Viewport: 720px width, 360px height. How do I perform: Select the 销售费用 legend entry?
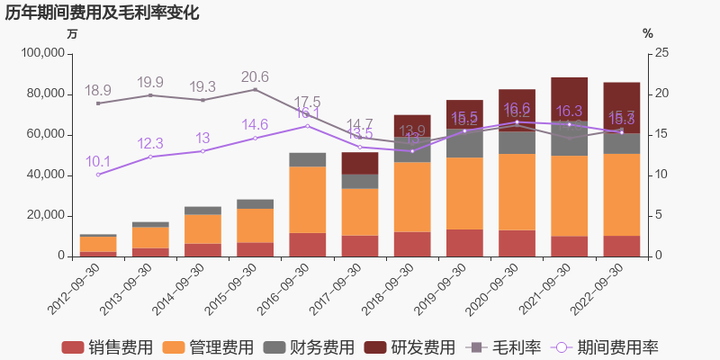click(107, 347)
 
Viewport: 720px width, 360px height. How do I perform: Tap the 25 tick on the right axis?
click(661, 53)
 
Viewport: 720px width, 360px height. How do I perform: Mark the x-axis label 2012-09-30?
click(74, 289)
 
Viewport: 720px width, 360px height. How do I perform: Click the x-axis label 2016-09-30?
click(283, 289)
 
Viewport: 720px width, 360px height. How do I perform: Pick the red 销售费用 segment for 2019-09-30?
click(464, 243)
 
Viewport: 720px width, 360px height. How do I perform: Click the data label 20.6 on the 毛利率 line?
click(255, 76)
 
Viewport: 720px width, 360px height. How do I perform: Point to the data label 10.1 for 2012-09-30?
click(98, 162)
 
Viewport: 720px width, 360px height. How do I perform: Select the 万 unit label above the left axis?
click(73, 33)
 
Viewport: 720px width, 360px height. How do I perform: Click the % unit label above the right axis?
click(647, 33)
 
